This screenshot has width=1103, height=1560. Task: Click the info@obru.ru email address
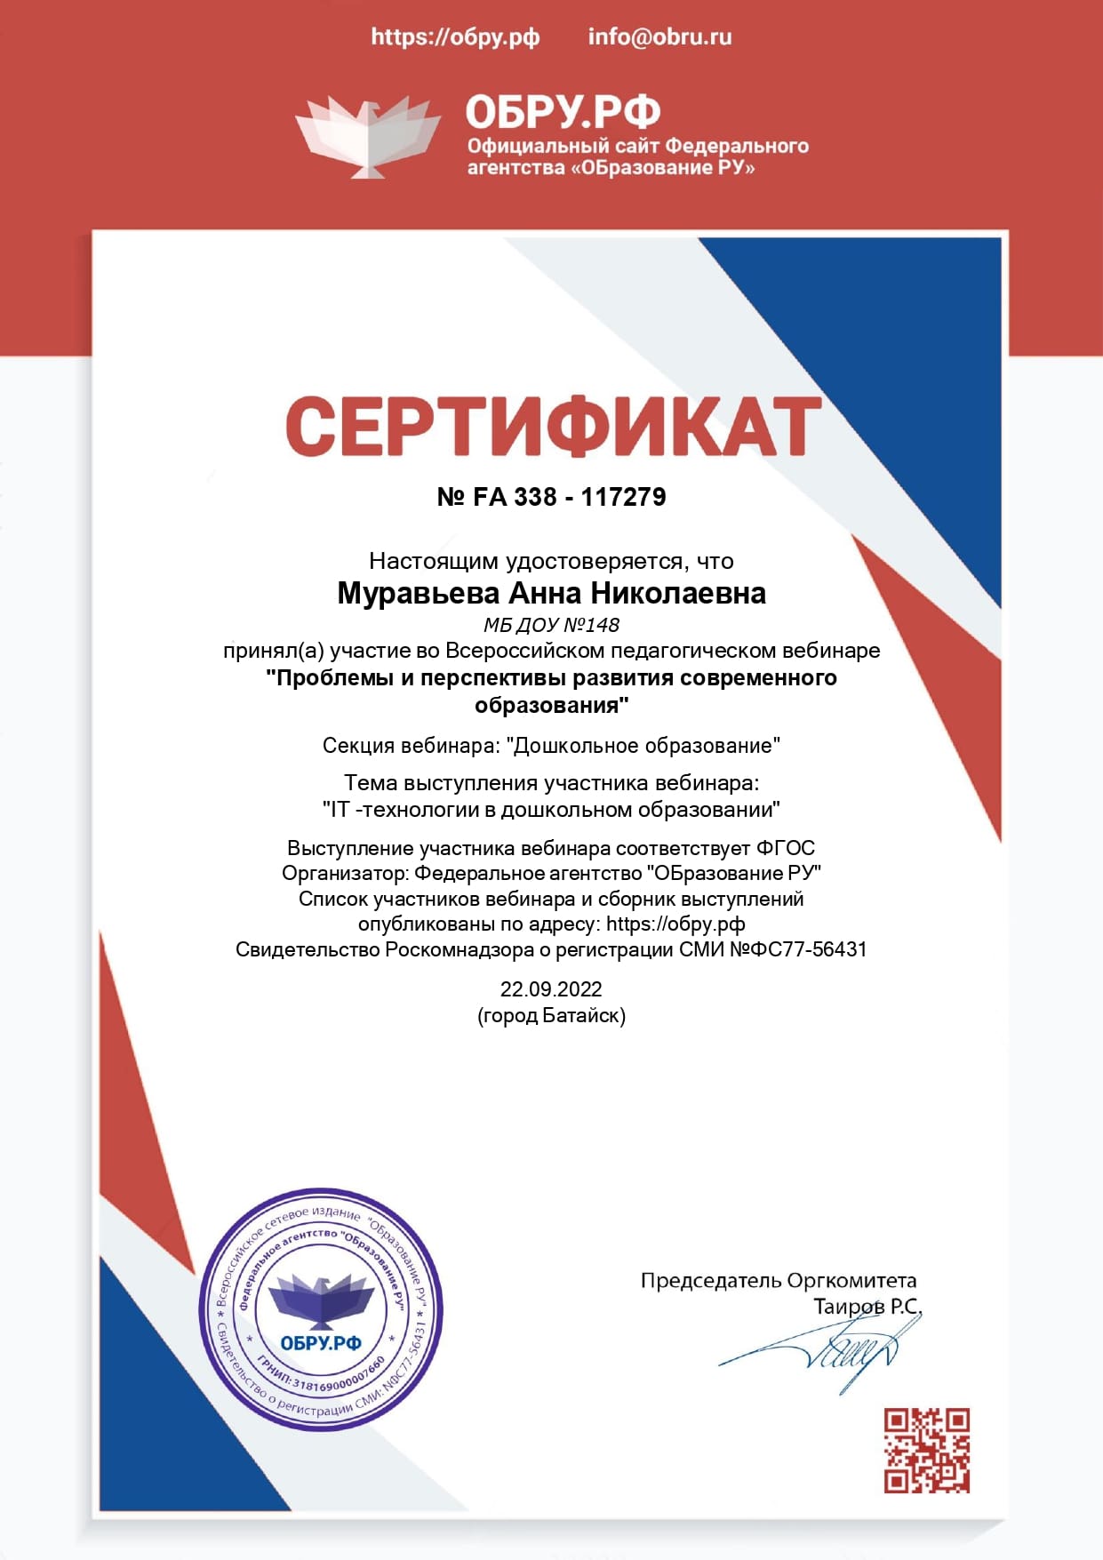tap(659, 37)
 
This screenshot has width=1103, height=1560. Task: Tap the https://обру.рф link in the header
tap(455, 37)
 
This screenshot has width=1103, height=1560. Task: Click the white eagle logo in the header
tap(367, 136)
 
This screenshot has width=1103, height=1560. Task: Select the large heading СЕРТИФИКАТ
tap(552, 428)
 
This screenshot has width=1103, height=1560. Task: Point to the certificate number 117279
tap(623, 497)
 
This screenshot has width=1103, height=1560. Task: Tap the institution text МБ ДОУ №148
tap(551, 625)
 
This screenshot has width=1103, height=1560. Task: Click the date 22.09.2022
tap(551, 989)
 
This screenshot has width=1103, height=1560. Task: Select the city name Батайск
tap(581, 1015)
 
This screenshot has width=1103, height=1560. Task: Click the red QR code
tap(926, 1451)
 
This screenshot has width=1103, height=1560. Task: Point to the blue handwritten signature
tap(827, 1351)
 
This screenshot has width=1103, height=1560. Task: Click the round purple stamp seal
tap(321, 1309)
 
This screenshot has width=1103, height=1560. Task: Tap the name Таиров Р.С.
tap(867, 1307)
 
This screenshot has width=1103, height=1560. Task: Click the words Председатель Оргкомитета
tap(778, 1281)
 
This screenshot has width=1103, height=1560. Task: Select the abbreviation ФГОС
tap(786, 848)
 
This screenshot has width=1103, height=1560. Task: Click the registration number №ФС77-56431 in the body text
tap(798, 949)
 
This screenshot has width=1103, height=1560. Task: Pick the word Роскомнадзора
tap(459, 949)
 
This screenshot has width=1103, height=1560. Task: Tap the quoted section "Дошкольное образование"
tap(643, 745)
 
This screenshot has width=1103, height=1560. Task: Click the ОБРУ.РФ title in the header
tap(563, 112)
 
